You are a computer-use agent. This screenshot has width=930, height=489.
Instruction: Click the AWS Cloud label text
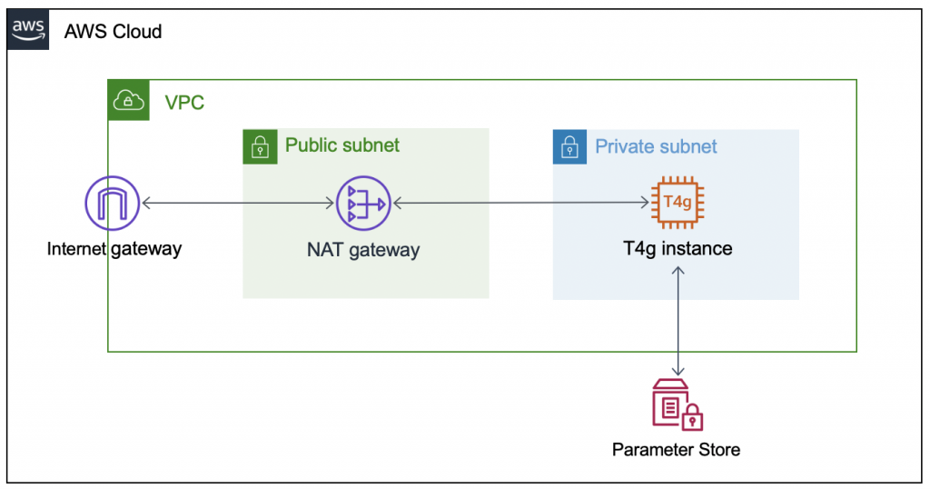coord(113,32)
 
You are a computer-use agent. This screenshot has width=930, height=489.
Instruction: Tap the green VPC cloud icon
coord(126,101)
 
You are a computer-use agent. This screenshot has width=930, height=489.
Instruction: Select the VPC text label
coord(184,102)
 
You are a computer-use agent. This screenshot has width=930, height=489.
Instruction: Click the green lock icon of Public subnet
coord(260,146)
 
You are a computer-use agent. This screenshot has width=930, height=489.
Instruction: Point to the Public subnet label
coord(342,145)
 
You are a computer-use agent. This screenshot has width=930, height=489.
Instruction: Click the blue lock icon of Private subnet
coord(569,147)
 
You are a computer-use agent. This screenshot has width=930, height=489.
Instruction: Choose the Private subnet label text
coord(656,147)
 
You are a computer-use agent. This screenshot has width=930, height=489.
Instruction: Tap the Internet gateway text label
coord(114,248)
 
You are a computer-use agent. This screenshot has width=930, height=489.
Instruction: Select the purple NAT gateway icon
coord(362,205)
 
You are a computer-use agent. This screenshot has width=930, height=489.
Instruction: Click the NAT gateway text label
coord(362,250)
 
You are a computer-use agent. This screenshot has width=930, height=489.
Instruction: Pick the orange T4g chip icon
coord(678,202)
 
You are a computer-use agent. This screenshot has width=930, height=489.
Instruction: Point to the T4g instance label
coord(678,248)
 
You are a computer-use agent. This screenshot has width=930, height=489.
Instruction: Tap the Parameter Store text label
coord(676,450)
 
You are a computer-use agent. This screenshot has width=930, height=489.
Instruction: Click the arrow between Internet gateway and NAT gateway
coord(238,205)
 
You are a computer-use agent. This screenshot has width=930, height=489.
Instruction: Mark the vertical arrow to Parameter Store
coord(678,318)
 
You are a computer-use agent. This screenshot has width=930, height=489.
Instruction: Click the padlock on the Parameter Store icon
coord(693,418)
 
